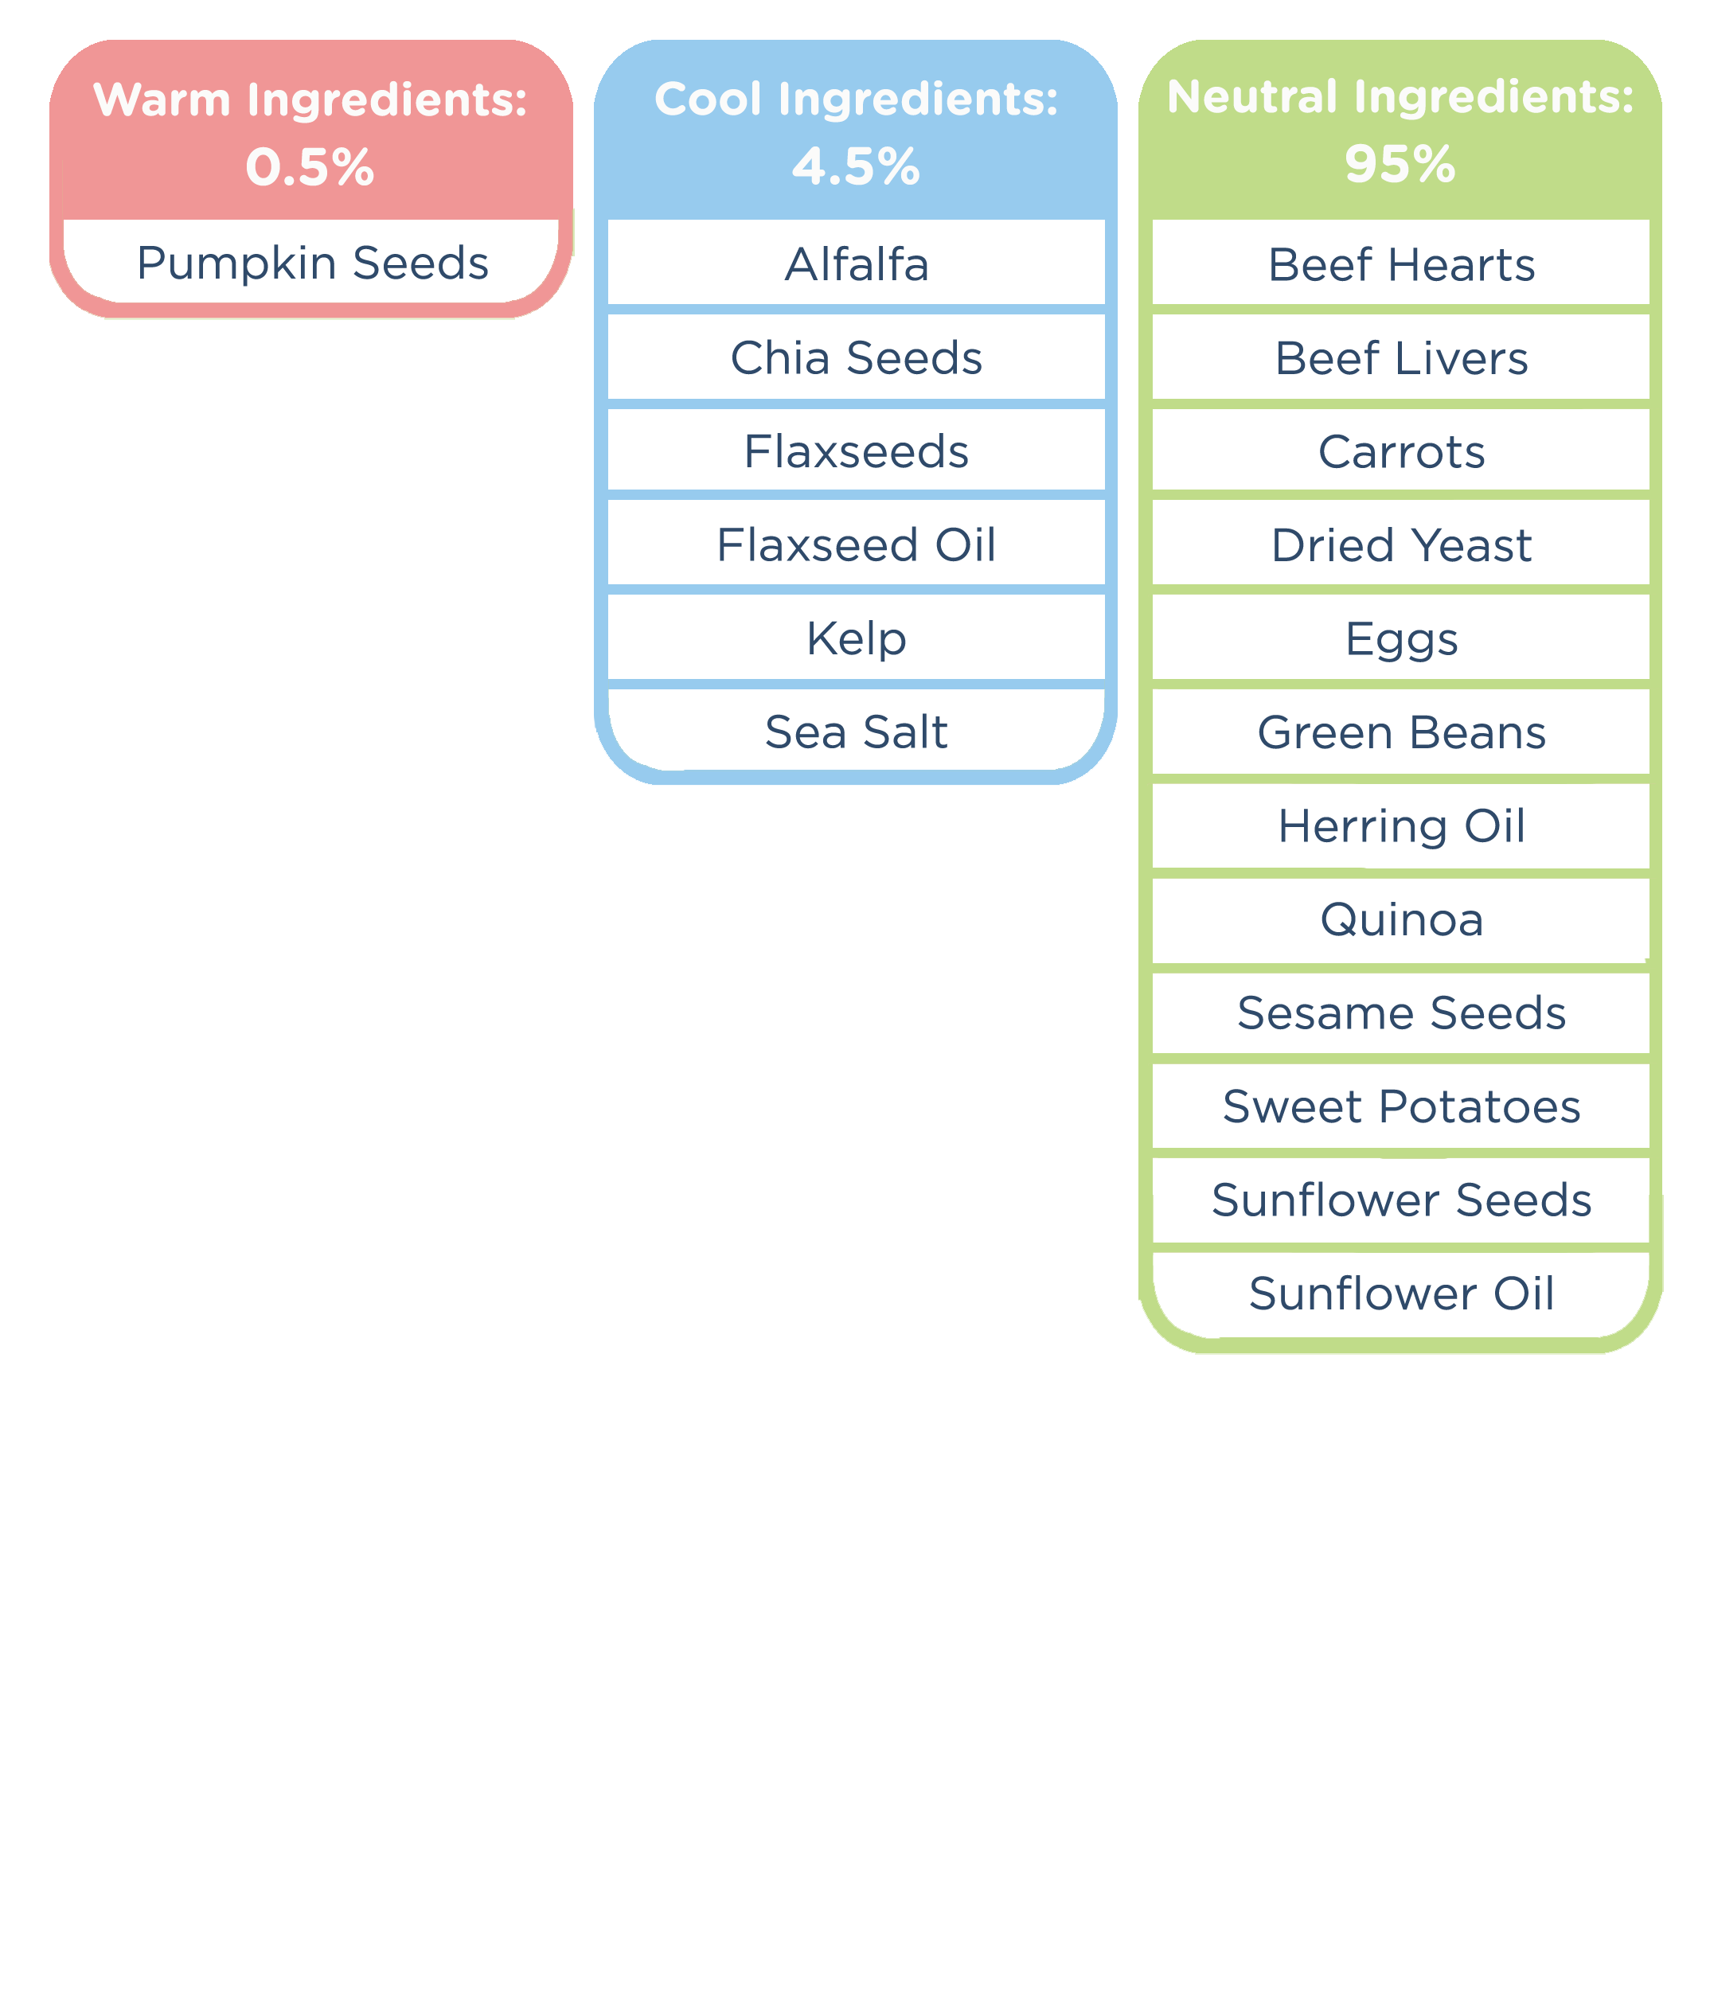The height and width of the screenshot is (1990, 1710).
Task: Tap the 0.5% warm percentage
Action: (310, 168)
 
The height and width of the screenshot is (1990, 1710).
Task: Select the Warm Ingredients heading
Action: (310, 99)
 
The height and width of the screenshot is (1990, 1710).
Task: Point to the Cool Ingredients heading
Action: (855, 99)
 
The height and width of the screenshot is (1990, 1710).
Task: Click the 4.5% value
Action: (855, 167)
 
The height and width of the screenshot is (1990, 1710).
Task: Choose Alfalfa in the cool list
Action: (856, 264)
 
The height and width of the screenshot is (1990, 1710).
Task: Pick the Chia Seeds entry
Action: (856, 358)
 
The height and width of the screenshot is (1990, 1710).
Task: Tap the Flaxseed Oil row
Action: (856, 544)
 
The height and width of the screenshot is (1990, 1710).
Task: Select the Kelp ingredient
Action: (856, 638)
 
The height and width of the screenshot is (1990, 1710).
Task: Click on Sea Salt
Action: (856, 732)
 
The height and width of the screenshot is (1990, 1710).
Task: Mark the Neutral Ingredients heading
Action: (1400, 97)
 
